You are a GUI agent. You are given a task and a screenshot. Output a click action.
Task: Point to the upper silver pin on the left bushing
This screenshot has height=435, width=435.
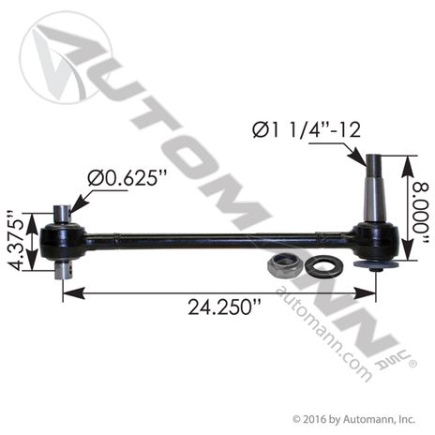tap(62, 213)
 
